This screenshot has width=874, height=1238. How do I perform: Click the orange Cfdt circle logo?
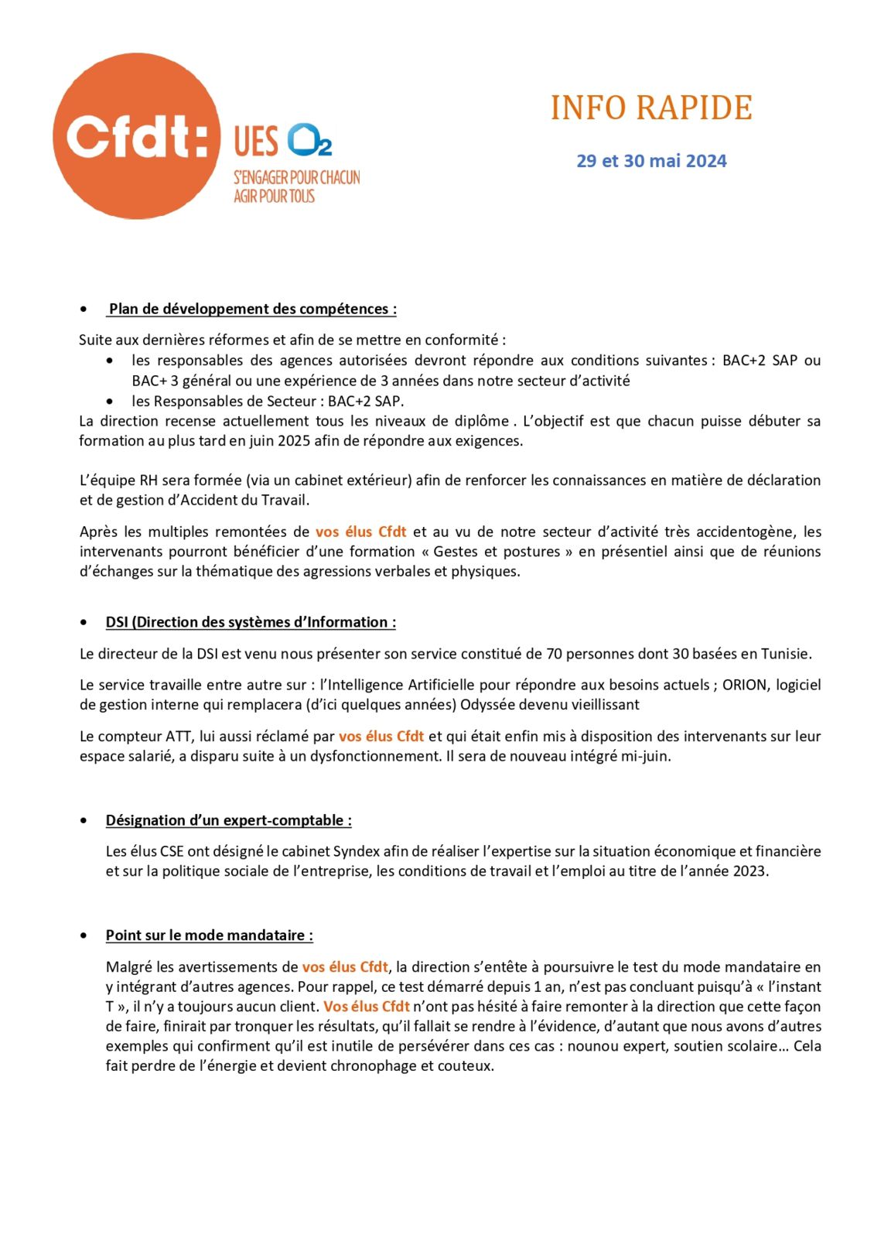click(136, 136)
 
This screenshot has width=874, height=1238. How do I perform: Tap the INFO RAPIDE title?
click(651, 108)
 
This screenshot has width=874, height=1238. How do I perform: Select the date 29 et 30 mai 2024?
click(651, 161)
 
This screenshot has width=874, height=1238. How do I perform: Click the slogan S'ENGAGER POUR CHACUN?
click(297, 178)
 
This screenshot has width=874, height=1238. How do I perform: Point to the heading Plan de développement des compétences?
click(252, 309)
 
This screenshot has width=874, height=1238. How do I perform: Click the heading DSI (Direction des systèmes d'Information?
click(251, 622)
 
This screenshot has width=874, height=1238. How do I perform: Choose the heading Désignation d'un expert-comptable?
click(228, 820)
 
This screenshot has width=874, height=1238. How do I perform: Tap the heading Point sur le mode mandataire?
click(209, 935)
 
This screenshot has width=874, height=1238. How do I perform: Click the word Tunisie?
click(786, 654)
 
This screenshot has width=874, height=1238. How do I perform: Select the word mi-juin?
click(645, 756)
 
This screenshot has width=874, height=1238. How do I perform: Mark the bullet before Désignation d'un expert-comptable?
click(84, 820)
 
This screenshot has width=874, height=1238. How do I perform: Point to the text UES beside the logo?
click(256, 142)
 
